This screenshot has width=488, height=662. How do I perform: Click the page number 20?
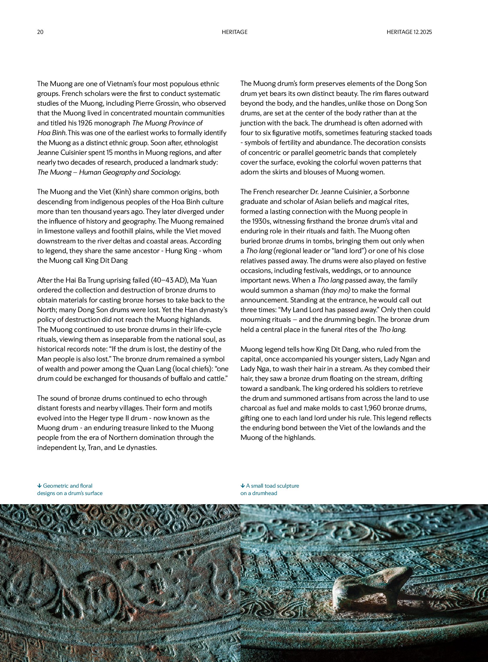click(40, 32)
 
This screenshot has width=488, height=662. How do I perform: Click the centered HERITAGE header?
click(235, 32)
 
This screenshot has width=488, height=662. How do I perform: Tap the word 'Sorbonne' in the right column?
click(394, 192)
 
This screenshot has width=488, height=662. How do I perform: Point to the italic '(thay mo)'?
click(335, 290)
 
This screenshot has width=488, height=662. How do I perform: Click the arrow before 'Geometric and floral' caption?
click(39, 486)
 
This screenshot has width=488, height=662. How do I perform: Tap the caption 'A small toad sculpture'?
click(272, 486)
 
